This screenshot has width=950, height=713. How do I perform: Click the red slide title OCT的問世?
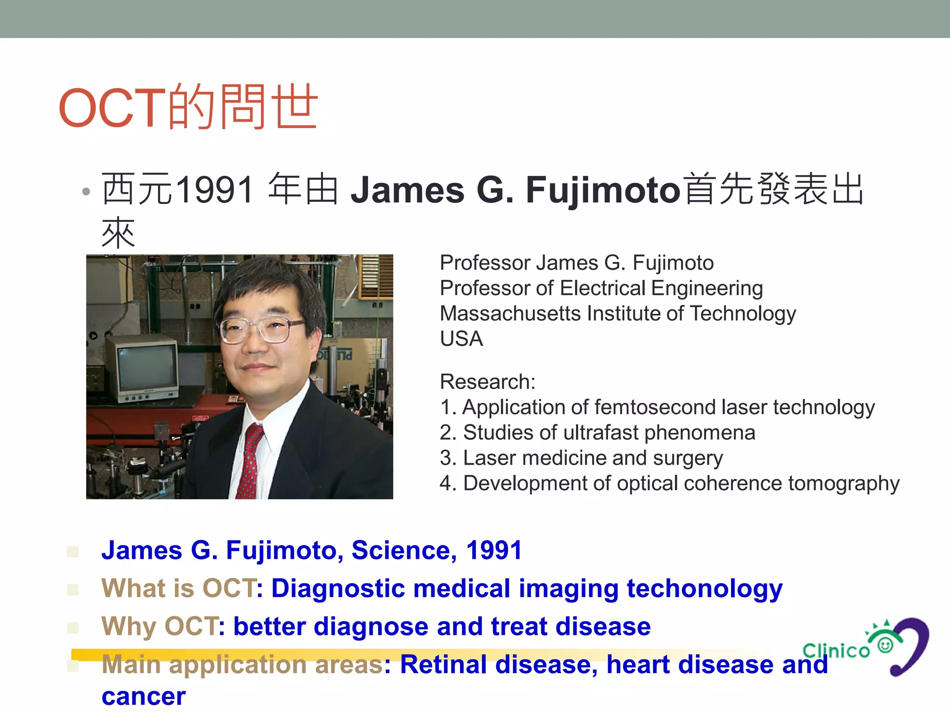188,107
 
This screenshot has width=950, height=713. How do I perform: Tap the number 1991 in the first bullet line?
215,190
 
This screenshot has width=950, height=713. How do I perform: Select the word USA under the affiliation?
462,339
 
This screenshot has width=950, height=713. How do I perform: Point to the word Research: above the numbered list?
488,382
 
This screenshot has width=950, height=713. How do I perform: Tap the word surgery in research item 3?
688,458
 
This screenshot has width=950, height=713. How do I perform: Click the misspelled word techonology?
704,589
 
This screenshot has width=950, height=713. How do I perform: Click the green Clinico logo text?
836,650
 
